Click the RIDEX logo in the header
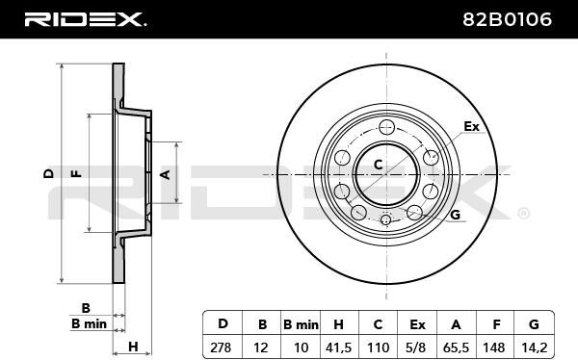tap(85, 19)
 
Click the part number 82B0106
tap(508, 19)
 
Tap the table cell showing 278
tap(221, 347)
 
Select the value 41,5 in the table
tap(339, 347)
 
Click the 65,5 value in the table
tap(456, 347)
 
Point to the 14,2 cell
tap(534, 347)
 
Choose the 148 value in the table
tap(494, 347)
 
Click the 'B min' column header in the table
tap(301, 324)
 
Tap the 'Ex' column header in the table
tap(417, 324)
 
